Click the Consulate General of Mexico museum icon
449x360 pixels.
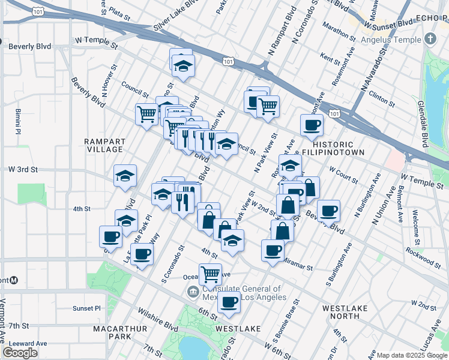coord(193,292)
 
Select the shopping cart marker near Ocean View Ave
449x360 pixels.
coord(210,274)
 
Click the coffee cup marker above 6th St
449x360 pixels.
coord(229,302)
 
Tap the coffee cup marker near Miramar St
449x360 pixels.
coord(273,249)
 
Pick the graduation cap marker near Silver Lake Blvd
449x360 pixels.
coord(183,66)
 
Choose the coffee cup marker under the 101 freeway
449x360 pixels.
coord(311,125)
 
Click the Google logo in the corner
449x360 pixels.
coord(20,353)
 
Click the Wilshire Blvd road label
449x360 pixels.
coord(158,320)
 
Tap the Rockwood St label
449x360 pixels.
coord(424,259)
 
